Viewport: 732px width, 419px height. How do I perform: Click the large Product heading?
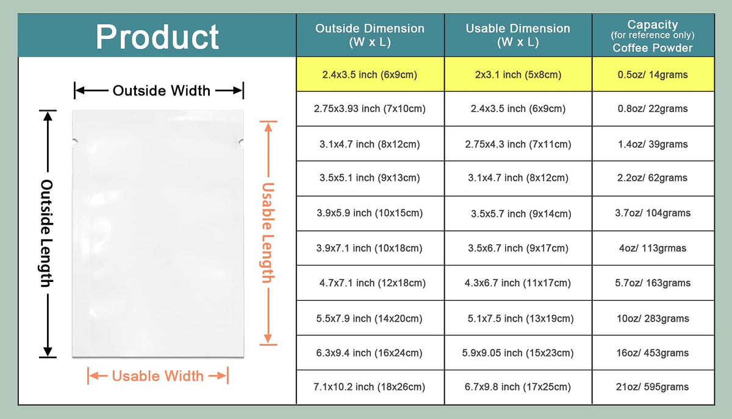point(157,37)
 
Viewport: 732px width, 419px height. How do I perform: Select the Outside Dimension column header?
point(370,35)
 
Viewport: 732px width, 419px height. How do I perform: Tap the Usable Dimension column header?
point(518,35)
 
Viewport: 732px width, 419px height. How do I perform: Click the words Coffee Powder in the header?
point(653,48)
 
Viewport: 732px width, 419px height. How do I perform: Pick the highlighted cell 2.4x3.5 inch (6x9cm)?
point(370,75)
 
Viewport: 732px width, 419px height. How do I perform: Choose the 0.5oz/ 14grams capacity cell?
point(653,75)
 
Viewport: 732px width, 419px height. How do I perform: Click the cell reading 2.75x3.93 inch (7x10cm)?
point(370,108)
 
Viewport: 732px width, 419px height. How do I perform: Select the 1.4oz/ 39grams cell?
point(653,144)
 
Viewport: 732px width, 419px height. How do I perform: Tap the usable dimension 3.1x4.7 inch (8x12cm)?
point(518,178)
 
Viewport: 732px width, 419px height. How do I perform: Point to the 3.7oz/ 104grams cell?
point(653,213)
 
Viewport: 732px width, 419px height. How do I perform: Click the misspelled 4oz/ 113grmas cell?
point(653,248)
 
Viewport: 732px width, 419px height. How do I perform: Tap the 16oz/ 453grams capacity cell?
point(653,353)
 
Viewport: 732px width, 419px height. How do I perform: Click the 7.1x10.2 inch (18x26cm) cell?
point(369,387)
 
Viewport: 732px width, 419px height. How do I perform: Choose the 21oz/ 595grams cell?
point(653,387)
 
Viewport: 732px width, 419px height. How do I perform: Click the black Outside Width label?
point(162,91)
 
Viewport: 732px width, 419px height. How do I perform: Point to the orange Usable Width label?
point(157,376)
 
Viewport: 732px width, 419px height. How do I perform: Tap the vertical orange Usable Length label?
point(268,233)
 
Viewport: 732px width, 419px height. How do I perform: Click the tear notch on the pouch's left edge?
point(75,142)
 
